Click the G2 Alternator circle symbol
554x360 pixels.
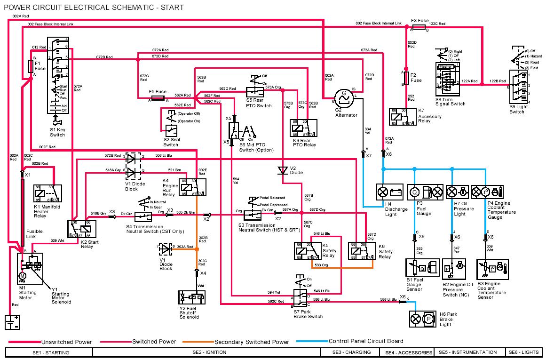point(344,96)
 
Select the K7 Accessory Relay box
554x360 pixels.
point(403,117)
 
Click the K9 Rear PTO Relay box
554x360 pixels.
point(304,128)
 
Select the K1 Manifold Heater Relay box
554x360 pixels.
point(46,193)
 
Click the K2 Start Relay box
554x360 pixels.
point(82,229)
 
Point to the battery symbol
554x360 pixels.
point(11,322)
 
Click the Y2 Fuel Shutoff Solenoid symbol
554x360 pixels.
point(192,298)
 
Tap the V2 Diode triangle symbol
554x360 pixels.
point(282,169)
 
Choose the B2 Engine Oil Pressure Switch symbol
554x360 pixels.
point(454,270)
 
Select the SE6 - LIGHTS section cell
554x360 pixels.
point(523,352)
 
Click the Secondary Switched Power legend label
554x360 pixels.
point(252,342)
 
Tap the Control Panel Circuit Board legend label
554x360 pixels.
point(366,341)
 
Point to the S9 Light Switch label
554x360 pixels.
point(517,109)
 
